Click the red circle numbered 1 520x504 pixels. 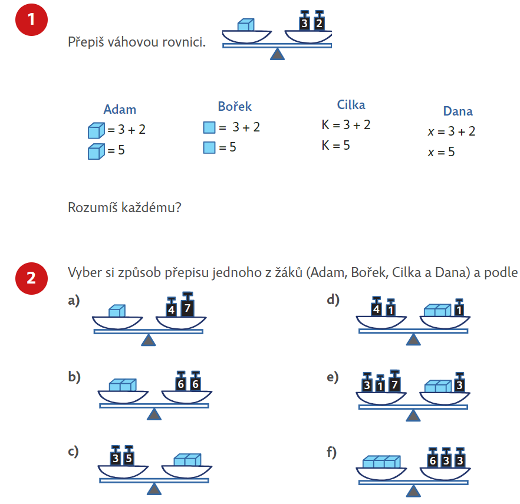(31, 19)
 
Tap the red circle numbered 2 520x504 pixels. (31, 277)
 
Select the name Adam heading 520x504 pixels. (120, 109)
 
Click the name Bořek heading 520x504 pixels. (235, 107)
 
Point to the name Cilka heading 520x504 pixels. (351, 105)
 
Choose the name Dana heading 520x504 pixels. (458, 111)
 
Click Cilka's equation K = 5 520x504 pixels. (336, 145)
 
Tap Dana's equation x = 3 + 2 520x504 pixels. (452, 131)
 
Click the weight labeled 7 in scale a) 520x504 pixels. (187, 307)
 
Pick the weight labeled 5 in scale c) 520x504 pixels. (128, 457)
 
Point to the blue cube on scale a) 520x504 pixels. (117, 310)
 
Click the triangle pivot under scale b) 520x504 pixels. (154, 414)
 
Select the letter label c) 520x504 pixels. (74, 452)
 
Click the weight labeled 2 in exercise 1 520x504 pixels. (319, 24)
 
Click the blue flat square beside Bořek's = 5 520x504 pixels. (209, 147)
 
